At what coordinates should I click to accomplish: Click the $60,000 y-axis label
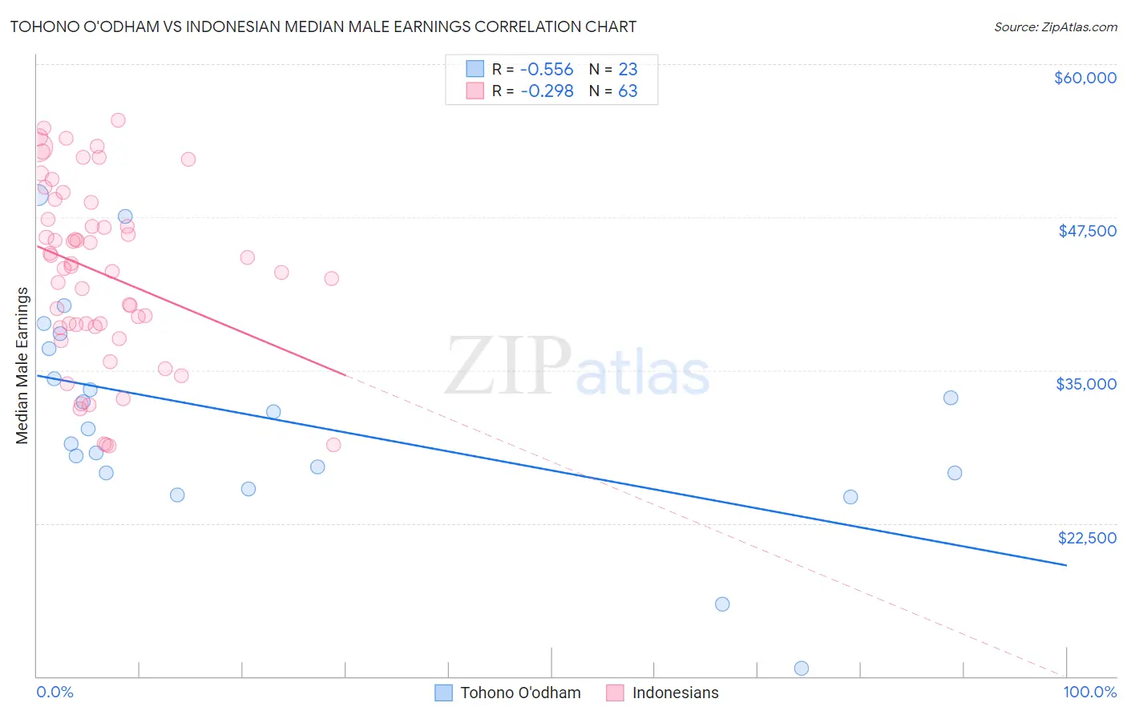coord(1085,78)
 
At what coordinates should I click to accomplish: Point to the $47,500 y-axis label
coord(1087,231)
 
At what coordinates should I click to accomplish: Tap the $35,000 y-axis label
coord(1086,384)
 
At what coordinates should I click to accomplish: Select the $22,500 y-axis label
coord(1087,538)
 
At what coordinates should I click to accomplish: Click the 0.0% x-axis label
coord(55,692)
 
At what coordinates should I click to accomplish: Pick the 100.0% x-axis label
coord(1089,692)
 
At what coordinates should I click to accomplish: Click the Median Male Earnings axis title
coord(22,366)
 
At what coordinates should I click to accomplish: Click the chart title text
coord(323,26)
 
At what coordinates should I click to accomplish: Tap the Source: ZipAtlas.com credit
coord(1055,26)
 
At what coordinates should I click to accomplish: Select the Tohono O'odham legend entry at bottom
coord(509,693)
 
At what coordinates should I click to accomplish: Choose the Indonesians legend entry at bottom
coord(663,693)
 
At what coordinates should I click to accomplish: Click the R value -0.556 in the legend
coord(547,70)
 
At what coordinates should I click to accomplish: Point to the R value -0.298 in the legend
coord(547,91)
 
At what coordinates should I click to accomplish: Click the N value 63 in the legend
coord(628,91)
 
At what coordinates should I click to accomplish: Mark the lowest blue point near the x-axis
coord(801,669)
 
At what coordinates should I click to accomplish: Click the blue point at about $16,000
coord(722,604)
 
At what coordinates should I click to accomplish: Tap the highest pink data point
coord(118,120)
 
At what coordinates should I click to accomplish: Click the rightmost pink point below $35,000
coord(333,445)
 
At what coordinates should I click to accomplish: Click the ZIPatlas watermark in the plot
coord(577,367)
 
